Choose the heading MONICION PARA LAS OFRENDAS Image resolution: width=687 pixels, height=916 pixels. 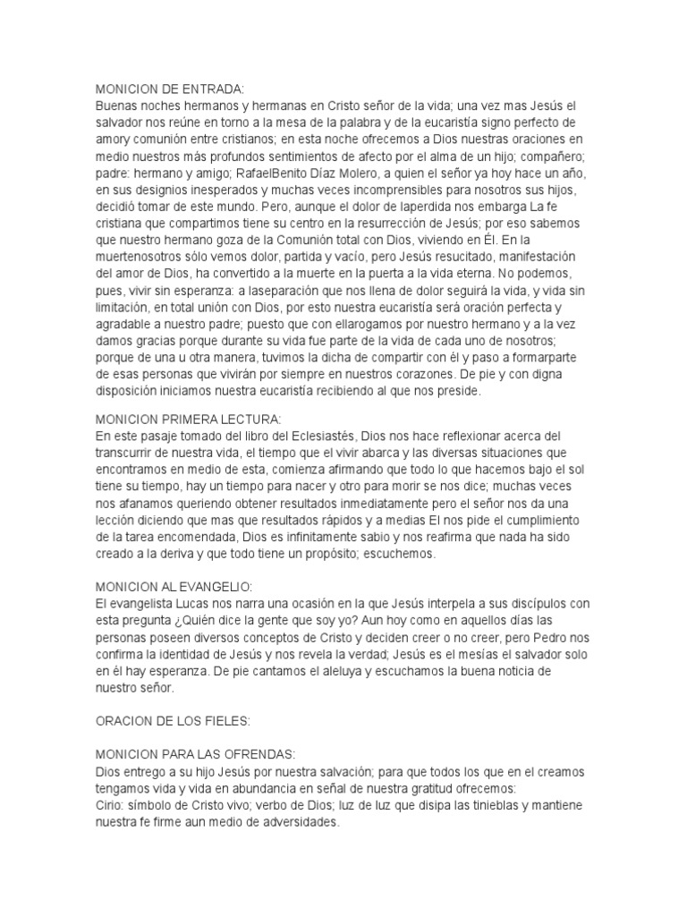coord(195,752)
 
